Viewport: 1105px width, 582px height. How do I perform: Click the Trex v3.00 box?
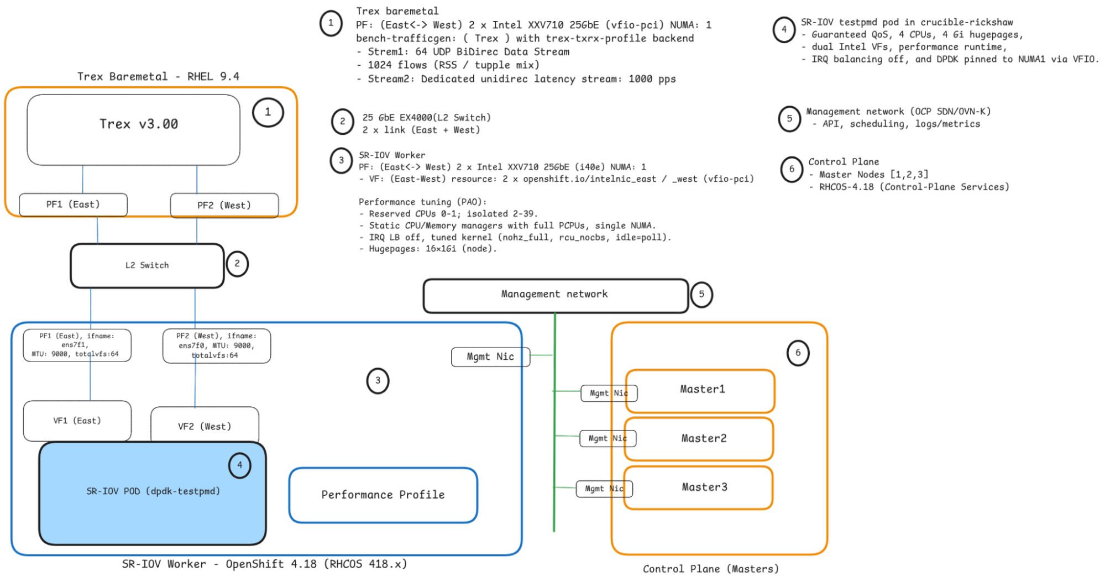[134, 129]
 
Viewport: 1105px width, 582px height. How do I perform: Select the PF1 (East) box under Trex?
[73, 205]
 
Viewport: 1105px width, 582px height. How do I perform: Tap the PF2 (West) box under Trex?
[224, 205]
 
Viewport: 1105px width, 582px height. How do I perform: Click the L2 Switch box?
[147, 265]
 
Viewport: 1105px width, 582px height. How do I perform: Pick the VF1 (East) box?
[77, 421]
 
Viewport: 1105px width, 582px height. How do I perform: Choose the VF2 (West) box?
[205, 426]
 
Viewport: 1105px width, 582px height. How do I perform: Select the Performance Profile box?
[383, 495]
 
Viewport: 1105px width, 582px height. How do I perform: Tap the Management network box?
[555, 295]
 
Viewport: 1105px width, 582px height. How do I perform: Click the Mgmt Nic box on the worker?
[490, 357]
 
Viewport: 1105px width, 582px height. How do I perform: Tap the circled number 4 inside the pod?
[239, 465]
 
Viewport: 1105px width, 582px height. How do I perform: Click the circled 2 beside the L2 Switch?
[237, 264]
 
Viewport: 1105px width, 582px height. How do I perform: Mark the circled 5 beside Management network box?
[701, 295]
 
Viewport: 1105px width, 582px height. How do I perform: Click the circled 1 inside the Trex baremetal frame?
[268, 112]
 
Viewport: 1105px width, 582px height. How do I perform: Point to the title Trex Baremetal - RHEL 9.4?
[158, 76]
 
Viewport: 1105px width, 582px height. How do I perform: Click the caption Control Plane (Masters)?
[711, 569]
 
